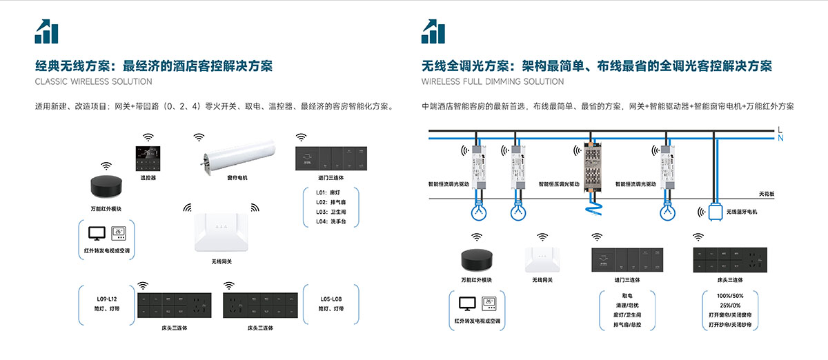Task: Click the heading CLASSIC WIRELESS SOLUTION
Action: click(x=93, y=81)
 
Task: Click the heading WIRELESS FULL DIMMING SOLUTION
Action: click(x=493, y=81)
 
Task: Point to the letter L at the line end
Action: click(x=780, y=129)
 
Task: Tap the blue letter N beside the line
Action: click(x=780, y=138)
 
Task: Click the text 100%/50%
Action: click(x=729, y=296)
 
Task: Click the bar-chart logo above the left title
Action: click(x=47, y=31)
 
